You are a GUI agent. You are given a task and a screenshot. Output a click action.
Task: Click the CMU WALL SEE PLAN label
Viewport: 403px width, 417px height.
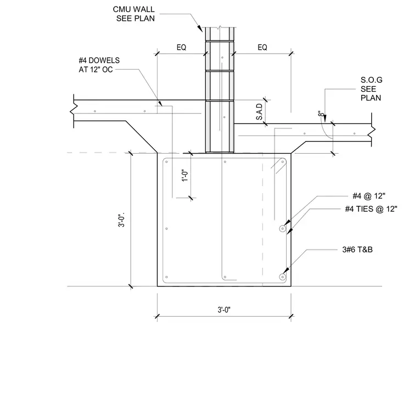pos(134,14)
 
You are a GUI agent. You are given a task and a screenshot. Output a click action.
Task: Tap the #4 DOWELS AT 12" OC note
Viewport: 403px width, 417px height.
pos(99,65)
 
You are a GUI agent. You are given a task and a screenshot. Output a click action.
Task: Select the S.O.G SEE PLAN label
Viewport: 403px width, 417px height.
pos(371,89)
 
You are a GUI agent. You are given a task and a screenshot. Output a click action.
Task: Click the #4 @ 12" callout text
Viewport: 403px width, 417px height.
pos(369,196)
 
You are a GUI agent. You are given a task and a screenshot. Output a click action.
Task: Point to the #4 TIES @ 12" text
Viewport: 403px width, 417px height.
pos(371,209)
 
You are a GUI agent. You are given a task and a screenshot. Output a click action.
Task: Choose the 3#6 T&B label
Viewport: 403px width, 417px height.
pos(357,250)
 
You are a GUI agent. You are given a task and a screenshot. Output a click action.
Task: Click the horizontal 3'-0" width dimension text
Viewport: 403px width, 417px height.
pos(224,310)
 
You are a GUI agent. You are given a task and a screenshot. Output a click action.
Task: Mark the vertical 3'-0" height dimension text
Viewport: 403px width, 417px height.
pos(121,220)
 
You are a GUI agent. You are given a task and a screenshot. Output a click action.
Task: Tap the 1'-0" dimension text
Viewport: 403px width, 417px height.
pos(185,176)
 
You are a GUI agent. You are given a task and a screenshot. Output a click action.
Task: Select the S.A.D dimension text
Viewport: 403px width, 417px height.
pos(259,112)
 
